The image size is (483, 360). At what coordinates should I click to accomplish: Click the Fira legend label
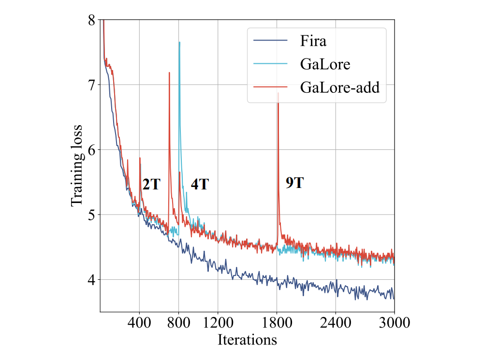point(313,41)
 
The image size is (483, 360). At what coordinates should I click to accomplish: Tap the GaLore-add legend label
point(339,87)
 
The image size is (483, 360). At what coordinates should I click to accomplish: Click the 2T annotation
point(151,184)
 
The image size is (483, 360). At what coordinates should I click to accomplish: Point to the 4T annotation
point(199,184)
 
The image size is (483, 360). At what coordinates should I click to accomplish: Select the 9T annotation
point(295,183)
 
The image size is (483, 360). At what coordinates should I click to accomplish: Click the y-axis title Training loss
point(77,166)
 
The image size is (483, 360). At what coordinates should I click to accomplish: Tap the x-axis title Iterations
point(247,339)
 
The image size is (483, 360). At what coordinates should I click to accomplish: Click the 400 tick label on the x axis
point(139,322)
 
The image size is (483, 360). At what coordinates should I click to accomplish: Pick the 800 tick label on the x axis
point(179,322)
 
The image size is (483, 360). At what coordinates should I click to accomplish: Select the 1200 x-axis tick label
point(218,322)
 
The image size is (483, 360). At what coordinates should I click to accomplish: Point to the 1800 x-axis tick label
point(277,322)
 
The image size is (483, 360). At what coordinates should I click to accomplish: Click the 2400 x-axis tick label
point(336,322)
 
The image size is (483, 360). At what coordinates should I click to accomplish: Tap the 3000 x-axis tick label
point(394,322)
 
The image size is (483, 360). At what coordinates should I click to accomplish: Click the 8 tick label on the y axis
point(92,20)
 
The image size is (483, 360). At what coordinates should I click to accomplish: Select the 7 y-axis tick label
point(92,85)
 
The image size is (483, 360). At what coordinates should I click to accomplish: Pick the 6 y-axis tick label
point(92,150)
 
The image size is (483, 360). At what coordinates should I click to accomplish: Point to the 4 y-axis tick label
point(92,280)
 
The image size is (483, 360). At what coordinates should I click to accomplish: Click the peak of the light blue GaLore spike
point(179,42)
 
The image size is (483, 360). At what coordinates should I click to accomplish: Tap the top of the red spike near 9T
point(278,93)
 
